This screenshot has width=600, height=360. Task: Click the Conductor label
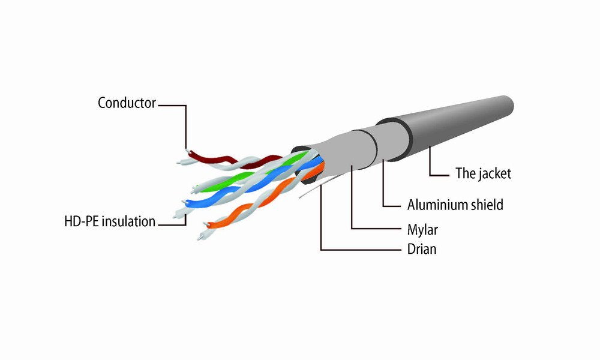[127, 103]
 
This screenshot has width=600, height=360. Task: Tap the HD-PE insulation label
[109, 221]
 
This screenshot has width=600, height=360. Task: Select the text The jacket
[483, 174]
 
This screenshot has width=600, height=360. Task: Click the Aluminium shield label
[455, 205]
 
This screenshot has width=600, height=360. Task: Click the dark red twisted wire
[216, 161]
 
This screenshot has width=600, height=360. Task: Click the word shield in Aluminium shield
[487, 205]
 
